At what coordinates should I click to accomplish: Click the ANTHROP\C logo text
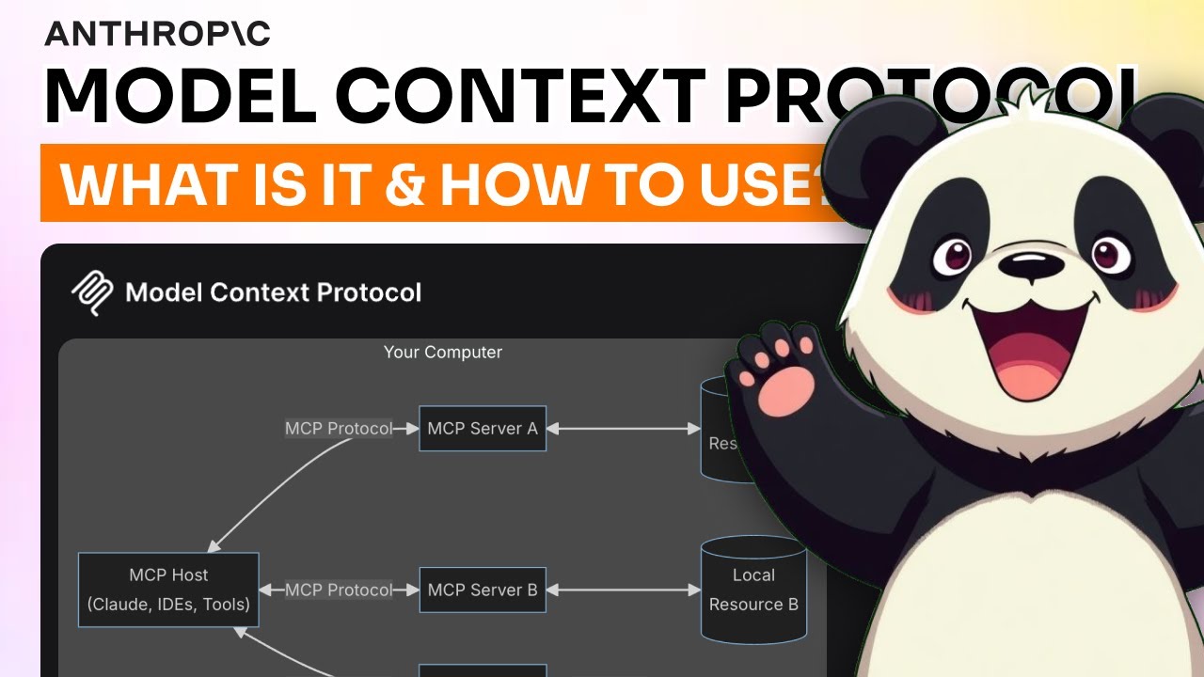tap(157, 33)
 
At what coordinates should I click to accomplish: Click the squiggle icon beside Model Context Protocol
tap(92, 293)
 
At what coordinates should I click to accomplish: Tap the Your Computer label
tap(442, 353)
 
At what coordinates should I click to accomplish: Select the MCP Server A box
tap(482, 429)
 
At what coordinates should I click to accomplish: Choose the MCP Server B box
tap(482, 590)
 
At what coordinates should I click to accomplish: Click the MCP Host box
tap(168, 590)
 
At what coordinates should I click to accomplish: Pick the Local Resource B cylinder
tap(752, 590)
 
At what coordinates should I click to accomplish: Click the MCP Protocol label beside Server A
tap(339, 429)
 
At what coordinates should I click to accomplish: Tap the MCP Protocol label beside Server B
tap(339, 590)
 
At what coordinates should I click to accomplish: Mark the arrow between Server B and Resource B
tap(624, 590)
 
